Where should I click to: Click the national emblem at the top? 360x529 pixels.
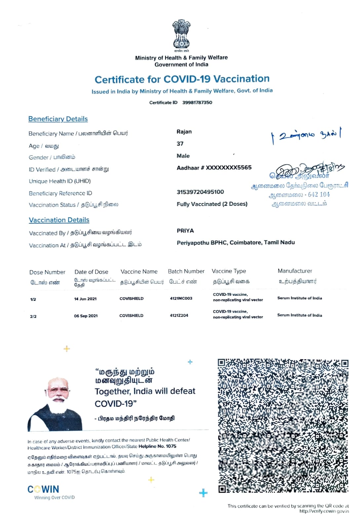click(181, 34)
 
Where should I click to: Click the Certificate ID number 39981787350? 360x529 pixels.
click(197, 102)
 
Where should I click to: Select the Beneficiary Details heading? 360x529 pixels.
click(58, 119)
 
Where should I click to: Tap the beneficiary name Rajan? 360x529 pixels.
click(184, 132)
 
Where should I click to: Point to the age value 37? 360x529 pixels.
click(180, 144)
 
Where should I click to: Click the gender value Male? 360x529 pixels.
click(183, 156)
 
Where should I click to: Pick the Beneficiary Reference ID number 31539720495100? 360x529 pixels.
click(200, 192)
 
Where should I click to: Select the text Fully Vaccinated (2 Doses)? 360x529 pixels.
click(212, 204)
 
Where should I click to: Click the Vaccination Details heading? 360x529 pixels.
click(59, 220)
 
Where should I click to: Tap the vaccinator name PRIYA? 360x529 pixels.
click(185, 231)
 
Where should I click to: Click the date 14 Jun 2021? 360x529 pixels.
click(85, 299)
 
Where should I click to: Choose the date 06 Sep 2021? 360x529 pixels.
click(86, 316)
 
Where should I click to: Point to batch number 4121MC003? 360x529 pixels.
click(181, 298)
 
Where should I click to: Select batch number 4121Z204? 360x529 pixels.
click(179, 315)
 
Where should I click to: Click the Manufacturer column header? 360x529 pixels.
click(295, 271)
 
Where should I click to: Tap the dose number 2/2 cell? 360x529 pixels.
click(33, 316)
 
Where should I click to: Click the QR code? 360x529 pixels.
click(283, 426)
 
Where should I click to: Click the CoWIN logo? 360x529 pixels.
click(43, 489)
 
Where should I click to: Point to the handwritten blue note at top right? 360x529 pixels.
click(306, 135)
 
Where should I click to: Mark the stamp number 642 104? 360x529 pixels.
click(319, 195)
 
